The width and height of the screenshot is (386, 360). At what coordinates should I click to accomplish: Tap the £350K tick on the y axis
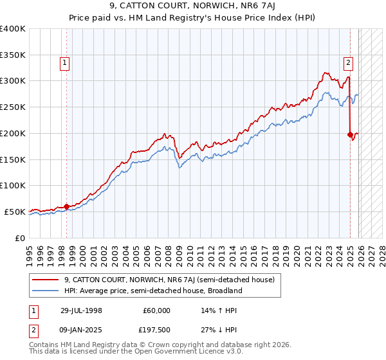pos(13,55)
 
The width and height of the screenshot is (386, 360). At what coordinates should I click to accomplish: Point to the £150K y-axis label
pos(13,159)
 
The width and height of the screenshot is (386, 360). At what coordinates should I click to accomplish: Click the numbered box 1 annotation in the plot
pos(66,63)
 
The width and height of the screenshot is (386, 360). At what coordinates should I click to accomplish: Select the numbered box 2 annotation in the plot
pos(348,63)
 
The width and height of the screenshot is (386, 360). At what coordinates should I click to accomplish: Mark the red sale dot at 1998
pos(66,206)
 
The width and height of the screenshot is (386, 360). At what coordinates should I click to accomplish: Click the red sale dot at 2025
pos(350,135)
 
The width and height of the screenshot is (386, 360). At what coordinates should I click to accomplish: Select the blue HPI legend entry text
pos(152,291)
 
